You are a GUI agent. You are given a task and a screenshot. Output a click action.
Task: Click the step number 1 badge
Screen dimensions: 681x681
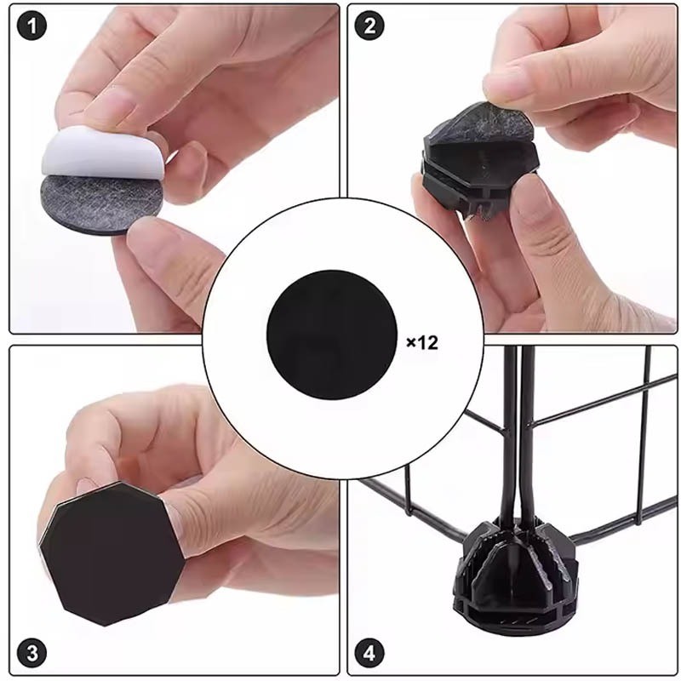tap(31, 26)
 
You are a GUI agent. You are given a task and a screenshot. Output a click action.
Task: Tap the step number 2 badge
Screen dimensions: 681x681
tap(369, 26)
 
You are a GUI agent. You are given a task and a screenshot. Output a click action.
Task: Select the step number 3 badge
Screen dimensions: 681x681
tap(31, 654)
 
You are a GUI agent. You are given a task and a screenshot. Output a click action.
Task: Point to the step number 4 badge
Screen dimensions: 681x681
tap(369, 654)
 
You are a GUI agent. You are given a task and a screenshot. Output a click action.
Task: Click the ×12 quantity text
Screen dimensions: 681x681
tap(422, 343)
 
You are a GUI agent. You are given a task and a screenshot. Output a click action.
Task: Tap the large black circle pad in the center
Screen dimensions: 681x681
tap(332, 335)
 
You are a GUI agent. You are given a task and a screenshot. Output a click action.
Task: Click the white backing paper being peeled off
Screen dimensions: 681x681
tap(103, 153)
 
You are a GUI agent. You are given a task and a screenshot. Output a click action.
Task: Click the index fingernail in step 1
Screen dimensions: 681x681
tap(111, 103)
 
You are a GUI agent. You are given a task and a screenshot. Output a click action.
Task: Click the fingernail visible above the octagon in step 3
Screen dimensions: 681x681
tap(87, 485)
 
